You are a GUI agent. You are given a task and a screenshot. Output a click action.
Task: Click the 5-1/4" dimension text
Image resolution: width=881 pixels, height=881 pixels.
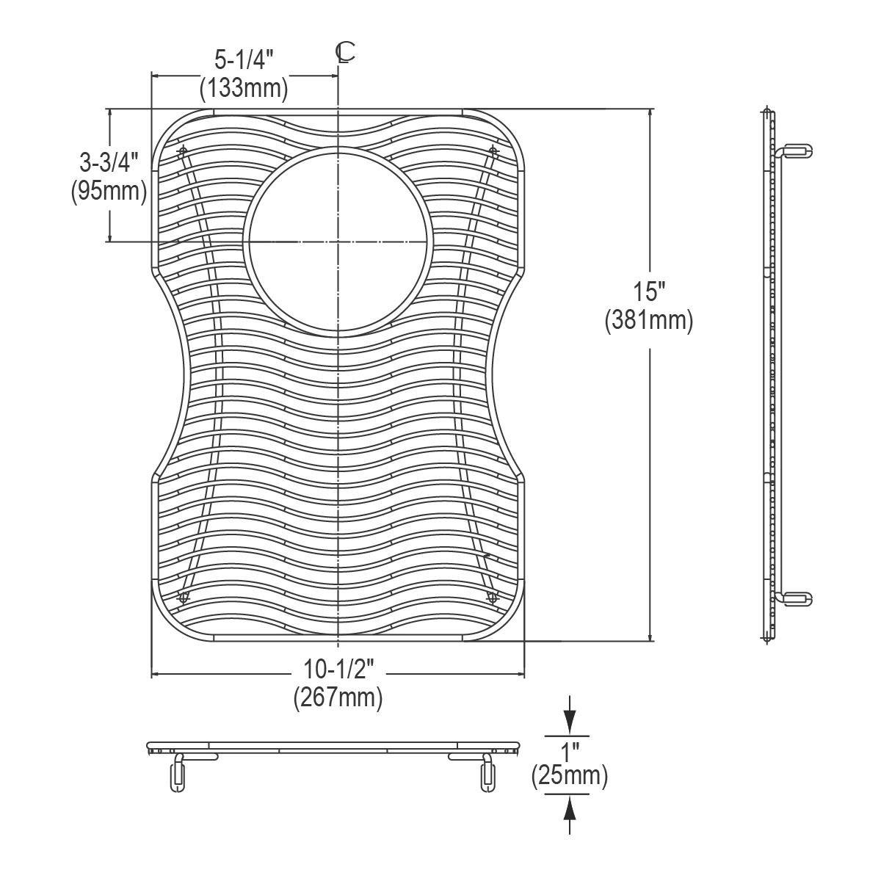[x=244, y=60]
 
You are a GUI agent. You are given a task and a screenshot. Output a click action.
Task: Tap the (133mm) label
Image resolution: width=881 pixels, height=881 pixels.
[x=244, y=87]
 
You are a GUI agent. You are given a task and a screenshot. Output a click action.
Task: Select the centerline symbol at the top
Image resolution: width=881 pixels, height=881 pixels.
[x=345, y=53]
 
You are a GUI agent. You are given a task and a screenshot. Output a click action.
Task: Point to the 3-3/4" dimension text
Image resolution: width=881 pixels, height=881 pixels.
[x=109, y=163]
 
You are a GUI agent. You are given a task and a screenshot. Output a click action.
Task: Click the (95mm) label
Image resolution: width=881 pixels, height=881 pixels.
[x=109, y=192]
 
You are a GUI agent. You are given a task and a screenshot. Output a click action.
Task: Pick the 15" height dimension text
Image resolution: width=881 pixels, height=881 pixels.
[x=649, y=291]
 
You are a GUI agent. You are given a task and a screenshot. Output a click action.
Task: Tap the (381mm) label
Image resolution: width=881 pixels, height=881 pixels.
[x=649, y=320]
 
